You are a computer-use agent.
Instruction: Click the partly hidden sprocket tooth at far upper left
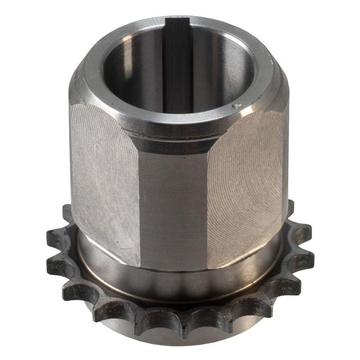pyautogui.click(x=66, y=212)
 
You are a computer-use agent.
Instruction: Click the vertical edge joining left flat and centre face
pyautogui.click(x=140, y=203)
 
